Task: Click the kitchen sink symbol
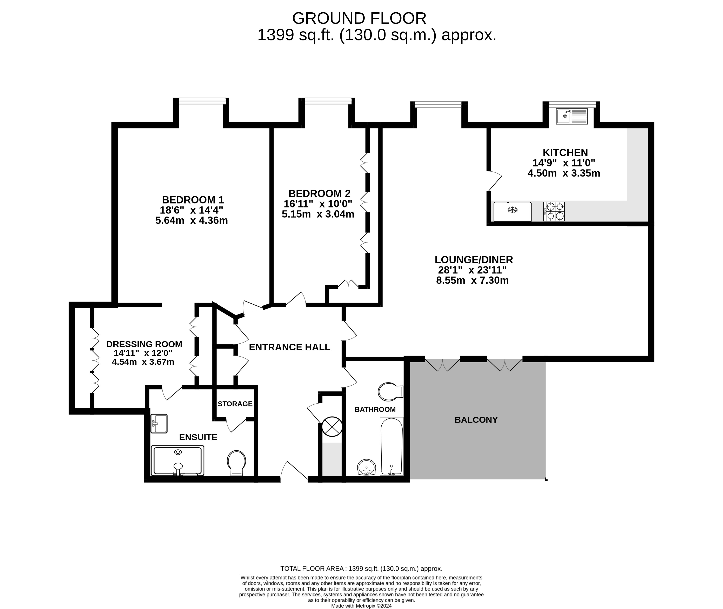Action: point(571,116)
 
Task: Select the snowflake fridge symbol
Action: point(513,210)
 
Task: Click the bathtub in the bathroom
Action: point(391,446)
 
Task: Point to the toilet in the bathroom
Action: point(390,391)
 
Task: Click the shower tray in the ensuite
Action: point(177,461)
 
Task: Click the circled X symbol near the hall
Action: point(332,426)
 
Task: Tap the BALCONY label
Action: point(476,420)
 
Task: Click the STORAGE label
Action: point(235,404)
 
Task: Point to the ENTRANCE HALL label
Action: point(289,347)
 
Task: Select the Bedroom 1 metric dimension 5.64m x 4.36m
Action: point(192,220)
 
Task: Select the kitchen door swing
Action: point(495,181)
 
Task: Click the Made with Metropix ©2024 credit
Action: point(361,605)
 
